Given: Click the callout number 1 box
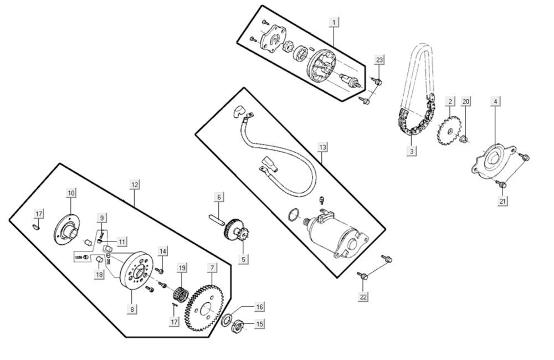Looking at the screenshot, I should click(334, 22).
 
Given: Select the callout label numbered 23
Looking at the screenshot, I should click(379, 59).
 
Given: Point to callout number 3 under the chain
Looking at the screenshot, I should click(412, 151).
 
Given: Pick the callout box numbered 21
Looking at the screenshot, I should click(502, 202).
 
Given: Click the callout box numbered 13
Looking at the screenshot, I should click(322, 147).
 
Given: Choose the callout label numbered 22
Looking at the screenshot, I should click(363, 297).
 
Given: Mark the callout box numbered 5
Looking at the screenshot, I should click(243, 259).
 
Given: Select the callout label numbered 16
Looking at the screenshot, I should click(259, 306).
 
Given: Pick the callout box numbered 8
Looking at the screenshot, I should click(133, 308).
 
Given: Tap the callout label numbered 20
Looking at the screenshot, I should click(466, 101).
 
